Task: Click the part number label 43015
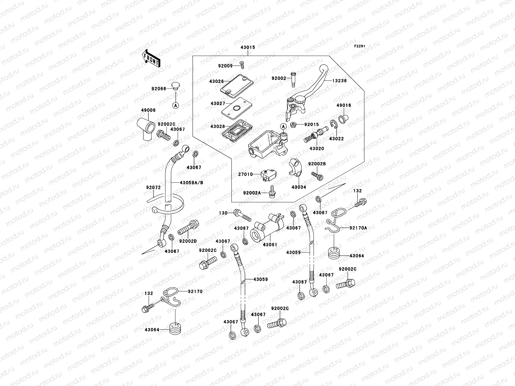248,47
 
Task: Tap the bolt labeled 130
242,215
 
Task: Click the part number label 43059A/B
192,182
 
